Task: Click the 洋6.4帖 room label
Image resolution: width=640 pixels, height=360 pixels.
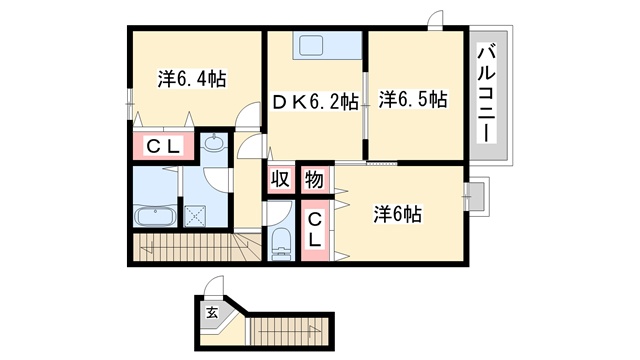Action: click(192, 79)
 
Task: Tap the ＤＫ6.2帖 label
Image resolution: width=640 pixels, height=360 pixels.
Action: click(315, 102)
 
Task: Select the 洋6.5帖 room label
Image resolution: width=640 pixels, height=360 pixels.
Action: click(413, 99)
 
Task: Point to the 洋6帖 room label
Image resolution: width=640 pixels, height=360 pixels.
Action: click(397, 214)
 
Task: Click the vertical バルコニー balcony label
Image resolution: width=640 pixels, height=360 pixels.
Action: click(487, 93)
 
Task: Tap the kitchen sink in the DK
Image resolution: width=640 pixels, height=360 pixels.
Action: click(311, 45)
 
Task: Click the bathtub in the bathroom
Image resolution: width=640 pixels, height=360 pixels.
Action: click(155, 216)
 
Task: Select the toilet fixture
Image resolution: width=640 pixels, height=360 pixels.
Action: click(280, 244)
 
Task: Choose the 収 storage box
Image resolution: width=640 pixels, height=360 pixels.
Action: click(280, 179)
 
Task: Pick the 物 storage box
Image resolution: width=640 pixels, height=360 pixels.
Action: click(315, 180)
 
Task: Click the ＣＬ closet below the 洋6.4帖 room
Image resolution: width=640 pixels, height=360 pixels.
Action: click(163, 146)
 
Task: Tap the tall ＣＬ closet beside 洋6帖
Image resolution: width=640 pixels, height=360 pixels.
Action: click(315, 231)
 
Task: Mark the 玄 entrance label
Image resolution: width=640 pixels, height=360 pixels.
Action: click(211, 313)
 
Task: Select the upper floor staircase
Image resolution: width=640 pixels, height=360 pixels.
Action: click(197, 247)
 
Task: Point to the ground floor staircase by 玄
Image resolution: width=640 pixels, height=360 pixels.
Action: click(289, 331)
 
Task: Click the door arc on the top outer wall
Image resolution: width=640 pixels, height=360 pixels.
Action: click(434, 18)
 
